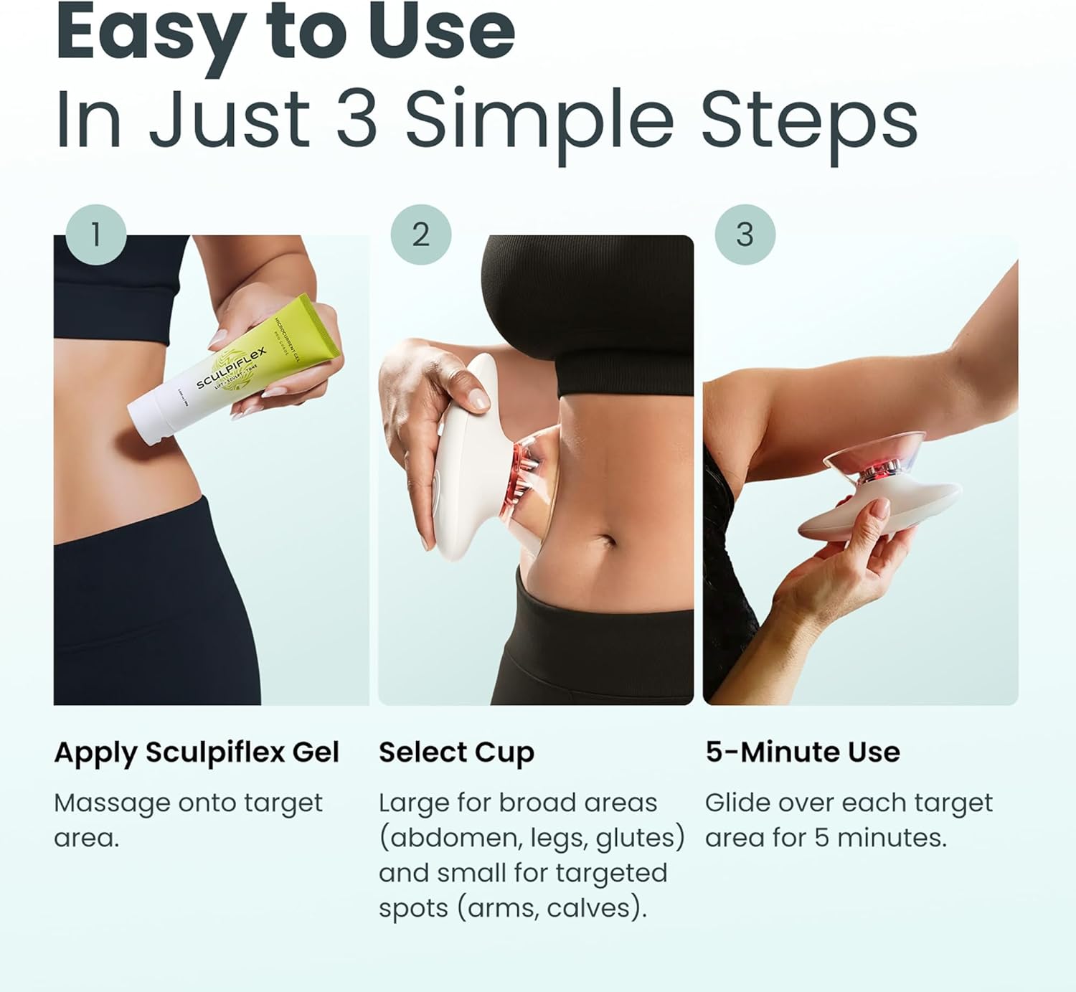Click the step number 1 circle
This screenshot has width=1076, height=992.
point(95,235)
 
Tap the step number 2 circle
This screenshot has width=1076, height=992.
point(421,235)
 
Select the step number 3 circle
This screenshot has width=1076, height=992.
point(745,235)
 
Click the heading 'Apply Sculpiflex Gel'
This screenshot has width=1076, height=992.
point(196,752)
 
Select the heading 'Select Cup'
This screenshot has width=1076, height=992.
point(456,752)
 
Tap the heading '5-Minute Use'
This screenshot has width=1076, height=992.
point(802,752)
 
